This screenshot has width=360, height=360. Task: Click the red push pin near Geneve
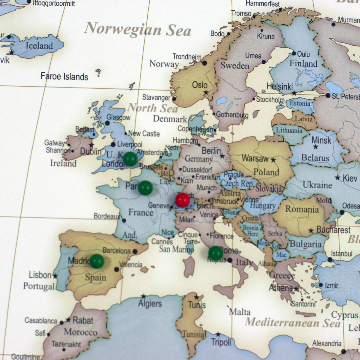pyautogui.click(x=182, y=200)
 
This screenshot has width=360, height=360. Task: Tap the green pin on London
pyautogui.click(x=130, y=159)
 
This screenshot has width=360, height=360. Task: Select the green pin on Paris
pyautogui.click(x=145, y=188)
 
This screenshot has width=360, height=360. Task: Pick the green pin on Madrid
pyautogui.click(x=97, y=261)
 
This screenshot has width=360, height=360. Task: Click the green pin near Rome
pyautogui.click(x=216, y=253)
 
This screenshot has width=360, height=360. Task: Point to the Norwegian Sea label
pyautogui.click(x=138, y=30)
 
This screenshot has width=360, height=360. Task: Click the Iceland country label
pyautogui.click(x=39, y=46)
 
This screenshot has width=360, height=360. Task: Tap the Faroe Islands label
pyautogui.click(x=64, y=77)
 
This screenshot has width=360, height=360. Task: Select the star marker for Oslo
pyautogui.click(x=206, y=93)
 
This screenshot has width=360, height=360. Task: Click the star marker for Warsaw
pyautogui.click(x=273, y=160)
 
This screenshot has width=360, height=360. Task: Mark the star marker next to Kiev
pyautogui.click(x=337, y=178)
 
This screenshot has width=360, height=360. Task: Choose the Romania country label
pyautogui.click(x=302, y=209)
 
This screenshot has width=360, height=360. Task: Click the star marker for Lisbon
pyautogui.click(x=55, y=276)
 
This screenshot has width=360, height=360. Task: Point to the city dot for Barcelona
pyautogui.click(x=135, y=251)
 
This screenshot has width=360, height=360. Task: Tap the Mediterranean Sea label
pyautogui.click(x=292, y=323)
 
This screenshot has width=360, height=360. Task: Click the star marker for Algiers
pyautogui.click(x=144, y=296)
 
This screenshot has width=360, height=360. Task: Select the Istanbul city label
pyautogui.click(x=342, y=254)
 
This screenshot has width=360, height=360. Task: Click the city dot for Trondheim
pyautogui.click(x=204, y=63)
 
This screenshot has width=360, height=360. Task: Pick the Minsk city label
pyautogui.click(x=321, y=140)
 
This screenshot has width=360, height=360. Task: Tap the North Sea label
pyautogui.click(x=153, y=108)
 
